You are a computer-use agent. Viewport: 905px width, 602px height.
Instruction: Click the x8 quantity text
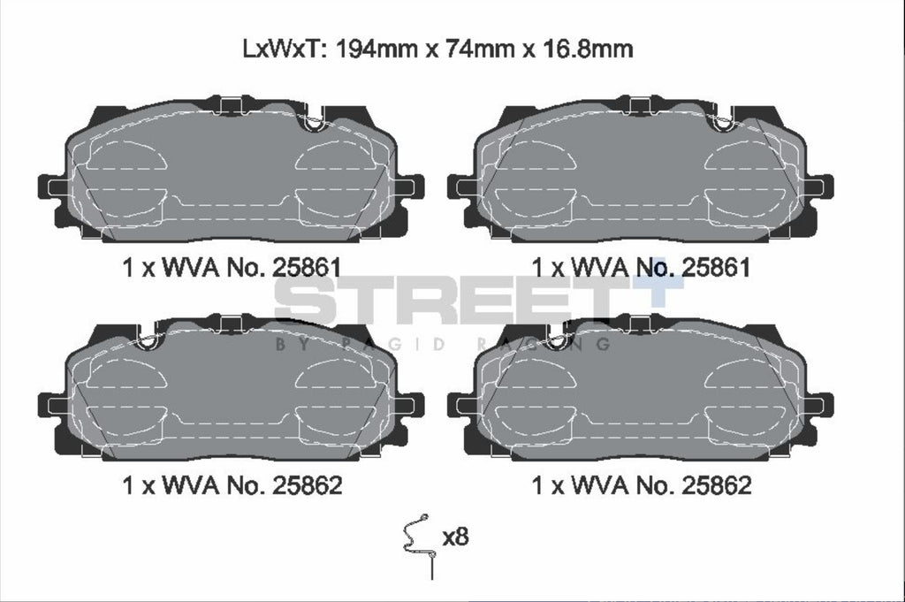[454, 537]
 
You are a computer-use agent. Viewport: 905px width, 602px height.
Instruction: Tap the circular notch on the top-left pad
[311, 125]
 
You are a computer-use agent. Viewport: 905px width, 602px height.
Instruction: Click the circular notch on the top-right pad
[722, 124]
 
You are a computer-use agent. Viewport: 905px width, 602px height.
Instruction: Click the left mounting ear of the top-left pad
[51, 187]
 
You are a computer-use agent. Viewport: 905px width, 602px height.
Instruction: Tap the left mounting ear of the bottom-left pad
[51, 406]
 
